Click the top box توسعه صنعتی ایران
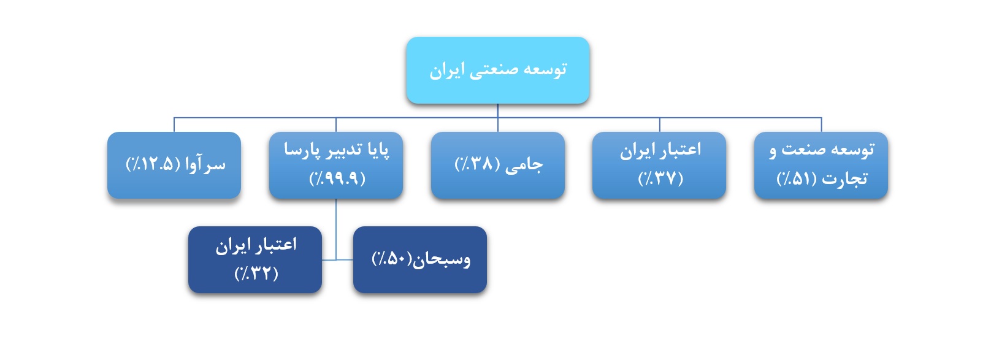(x=498, y=71)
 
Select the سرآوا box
(x=174, y=165)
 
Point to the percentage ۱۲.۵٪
(x=153, y=164)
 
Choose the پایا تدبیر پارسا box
(x=336, y=165)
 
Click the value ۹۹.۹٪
(x=337, y=178)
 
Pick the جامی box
(x=498, y=165)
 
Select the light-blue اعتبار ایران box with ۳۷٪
(x=659, y=165)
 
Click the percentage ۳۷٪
(x=660, y=178)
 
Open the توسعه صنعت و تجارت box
(x=821, y=165)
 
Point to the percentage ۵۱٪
(x=797, y=178)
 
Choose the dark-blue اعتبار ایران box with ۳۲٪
(x=255, y=259)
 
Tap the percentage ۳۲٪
(x=256, y=274)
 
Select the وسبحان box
(x=420, y=259)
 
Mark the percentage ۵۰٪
(x=392, y=259)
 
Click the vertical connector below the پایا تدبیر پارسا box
(x=336, y=229)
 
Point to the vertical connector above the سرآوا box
(x=174, y=124)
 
